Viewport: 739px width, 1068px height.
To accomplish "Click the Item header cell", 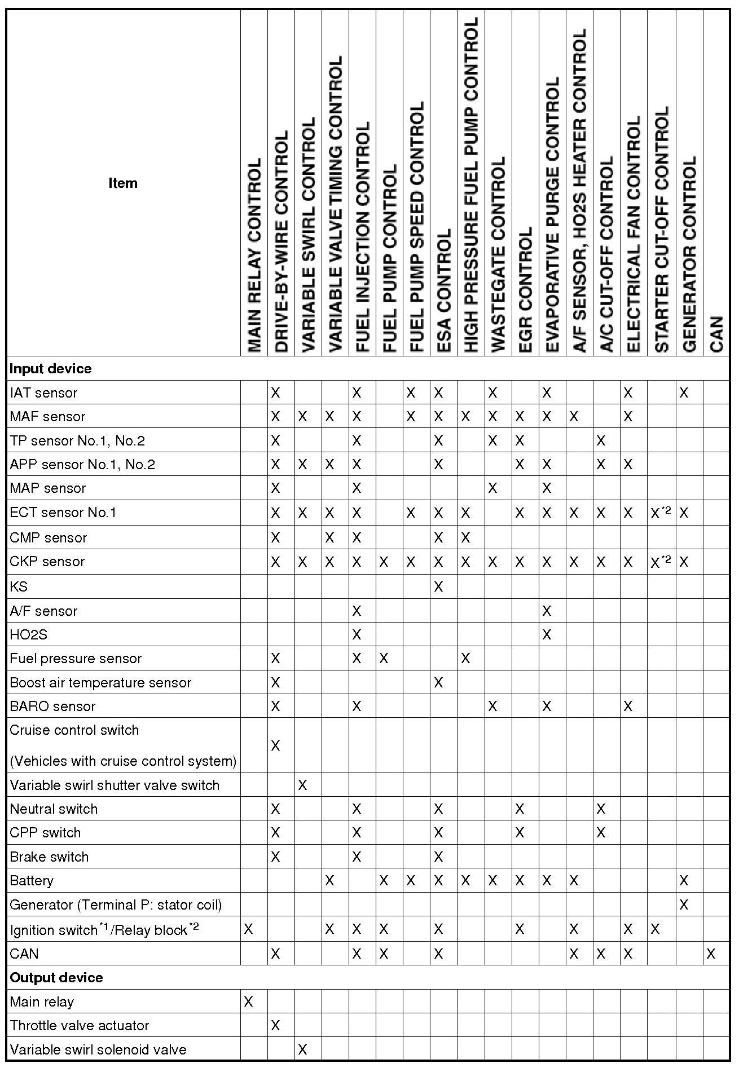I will [123, 183].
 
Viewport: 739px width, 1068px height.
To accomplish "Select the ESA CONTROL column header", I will [444, 290].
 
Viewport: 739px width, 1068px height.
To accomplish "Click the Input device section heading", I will [51, 369].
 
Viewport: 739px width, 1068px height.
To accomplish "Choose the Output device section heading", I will [56, 977].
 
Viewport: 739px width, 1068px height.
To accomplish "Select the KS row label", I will [19, 587].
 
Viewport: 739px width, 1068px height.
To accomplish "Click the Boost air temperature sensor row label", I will [100, 683].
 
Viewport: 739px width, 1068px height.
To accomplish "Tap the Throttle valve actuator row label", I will [80, 1025].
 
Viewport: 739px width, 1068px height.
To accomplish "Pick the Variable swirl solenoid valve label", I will [98, 1049].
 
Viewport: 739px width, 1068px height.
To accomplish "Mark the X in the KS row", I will [438, 587].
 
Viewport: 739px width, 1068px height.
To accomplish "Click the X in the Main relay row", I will [248, 1001].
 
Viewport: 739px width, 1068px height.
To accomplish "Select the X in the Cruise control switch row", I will [275, 746].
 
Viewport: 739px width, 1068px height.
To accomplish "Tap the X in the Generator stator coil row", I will [684, 905].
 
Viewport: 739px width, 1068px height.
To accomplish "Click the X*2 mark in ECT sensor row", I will [660, 513].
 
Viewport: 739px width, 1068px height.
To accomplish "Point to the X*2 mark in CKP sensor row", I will [660, 562].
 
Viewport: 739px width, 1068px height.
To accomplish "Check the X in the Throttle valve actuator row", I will [275, 1025].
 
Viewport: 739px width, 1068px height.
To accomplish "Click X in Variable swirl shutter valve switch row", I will [302, 785].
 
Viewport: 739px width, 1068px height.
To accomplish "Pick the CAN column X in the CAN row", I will [711, 954].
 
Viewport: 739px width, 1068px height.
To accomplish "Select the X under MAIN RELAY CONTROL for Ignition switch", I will [248, 929].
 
